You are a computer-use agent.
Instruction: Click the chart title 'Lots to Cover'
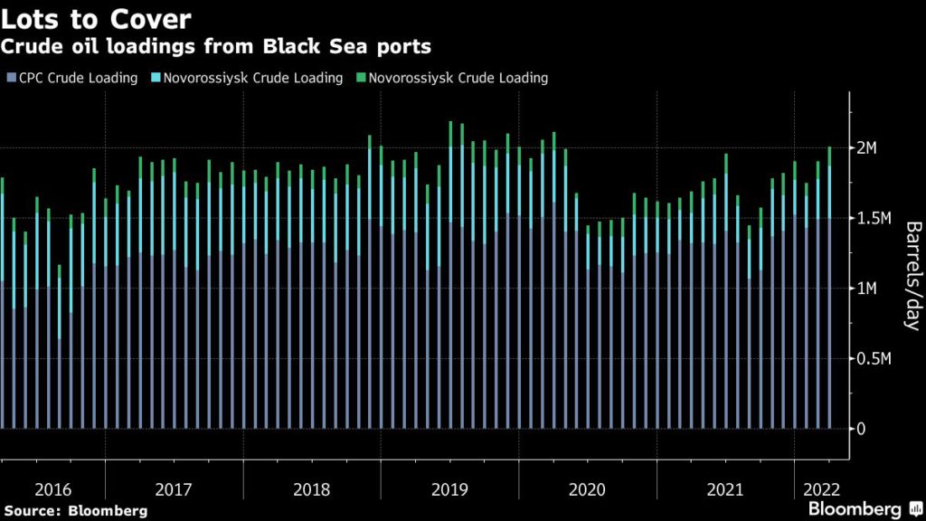click(x=96, y=19)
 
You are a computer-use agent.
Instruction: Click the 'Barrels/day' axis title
click(x=912, y=276)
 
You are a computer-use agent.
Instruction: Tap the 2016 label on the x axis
click(x=52, y=489)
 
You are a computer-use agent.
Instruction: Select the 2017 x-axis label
click(x=174, y=489)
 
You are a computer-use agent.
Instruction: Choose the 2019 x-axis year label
click(x=449, y=489)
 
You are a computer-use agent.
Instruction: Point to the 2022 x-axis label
click(x=819, y=489)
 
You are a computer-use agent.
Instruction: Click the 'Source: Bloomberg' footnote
click(x=75, y=511)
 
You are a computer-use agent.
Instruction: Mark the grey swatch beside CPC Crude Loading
click(x=10, y=79)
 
